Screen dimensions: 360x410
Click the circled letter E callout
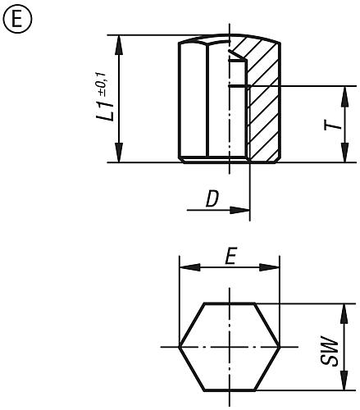pyautogui.click(x=17, y=19)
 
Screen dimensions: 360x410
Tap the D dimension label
pyautogui.click(x=212, y=198)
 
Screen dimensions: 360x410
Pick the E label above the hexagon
pyautogui.click(x=230, y=256)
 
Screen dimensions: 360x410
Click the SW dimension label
pyautogui.click(x=330, y=351)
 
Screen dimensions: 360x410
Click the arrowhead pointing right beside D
pyautogui.click(x=239, y=210)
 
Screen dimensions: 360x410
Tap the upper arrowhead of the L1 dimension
pyautogui.click(x=119, y=45)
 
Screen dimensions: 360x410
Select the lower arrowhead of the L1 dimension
pyautogui.click(x=119, y=153)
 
